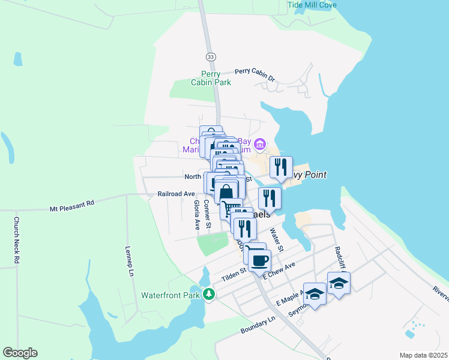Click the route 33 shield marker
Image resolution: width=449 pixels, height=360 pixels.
(210, 56)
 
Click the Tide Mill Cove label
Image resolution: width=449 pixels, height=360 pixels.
(312, 5)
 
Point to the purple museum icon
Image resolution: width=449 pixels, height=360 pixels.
(260, 144)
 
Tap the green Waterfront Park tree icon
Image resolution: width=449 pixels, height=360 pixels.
(208, 294)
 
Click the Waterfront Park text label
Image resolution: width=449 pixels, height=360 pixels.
(170, 295)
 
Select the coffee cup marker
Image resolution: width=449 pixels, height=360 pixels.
(260, 261)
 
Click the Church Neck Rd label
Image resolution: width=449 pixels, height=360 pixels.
(17, 240)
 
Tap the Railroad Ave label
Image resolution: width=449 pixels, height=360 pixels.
(176, 194)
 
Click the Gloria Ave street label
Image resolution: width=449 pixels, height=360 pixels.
(196, 215)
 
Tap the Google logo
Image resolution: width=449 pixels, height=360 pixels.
(20, 353)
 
